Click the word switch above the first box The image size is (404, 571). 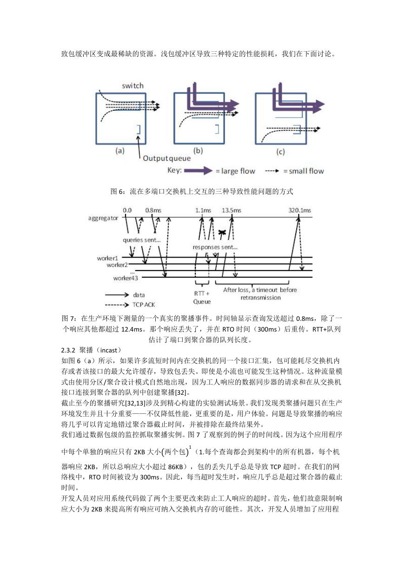pos(132,86)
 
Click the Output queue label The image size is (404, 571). pos(167,159)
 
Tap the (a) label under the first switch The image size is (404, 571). pos(120,151)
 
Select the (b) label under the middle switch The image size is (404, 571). pos(198,151)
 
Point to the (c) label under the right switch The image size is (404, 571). pos(280,152)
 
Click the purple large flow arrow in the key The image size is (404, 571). pos(199,171)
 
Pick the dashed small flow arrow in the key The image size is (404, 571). pos(272,171)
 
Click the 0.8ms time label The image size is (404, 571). pos(153,210)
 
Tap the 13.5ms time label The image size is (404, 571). pos(232,210)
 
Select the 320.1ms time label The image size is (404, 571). pos(300,210)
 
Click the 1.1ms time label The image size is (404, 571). pos(203,210)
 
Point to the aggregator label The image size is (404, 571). pos(103,218)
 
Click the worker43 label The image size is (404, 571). pos(126,278)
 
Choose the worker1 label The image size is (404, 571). pos(107,258)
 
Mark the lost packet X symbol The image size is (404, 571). pos(222,232)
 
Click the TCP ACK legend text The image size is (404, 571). pos(144,305)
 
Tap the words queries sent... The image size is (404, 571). pos(142,240)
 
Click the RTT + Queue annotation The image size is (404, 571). pos(202,298)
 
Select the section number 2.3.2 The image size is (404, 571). pos(68,350)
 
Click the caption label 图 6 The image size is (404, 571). pos(117,192)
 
